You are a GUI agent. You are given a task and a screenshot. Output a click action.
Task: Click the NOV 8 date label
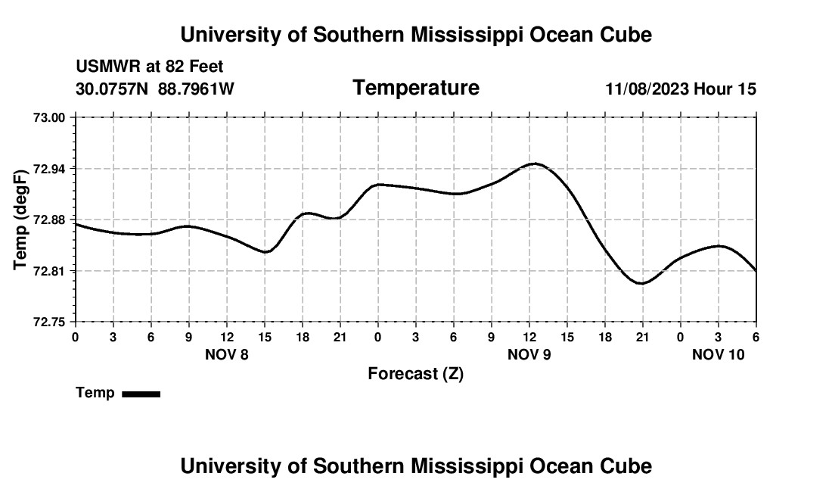pos(227,354)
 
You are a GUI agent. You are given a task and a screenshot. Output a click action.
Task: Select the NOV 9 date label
pos(529,354)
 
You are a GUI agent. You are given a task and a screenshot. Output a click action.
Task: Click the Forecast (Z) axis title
pos(415,373)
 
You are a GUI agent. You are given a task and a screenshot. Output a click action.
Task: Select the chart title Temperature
pos(416,88)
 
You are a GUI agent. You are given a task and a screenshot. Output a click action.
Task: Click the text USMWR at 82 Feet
pos(150,67)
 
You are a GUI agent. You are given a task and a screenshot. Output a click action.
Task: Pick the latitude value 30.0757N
pos(113,89)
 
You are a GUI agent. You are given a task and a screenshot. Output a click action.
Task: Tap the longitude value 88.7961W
pos(196,89)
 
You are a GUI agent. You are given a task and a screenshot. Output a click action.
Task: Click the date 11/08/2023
pos(647,89)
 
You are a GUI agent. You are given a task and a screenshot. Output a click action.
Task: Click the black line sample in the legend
pos(141,394)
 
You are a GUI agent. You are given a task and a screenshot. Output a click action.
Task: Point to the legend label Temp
pos(95,393)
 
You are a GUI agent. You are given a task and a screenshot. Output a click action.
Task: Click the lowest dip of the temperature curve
pos(641,283)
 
